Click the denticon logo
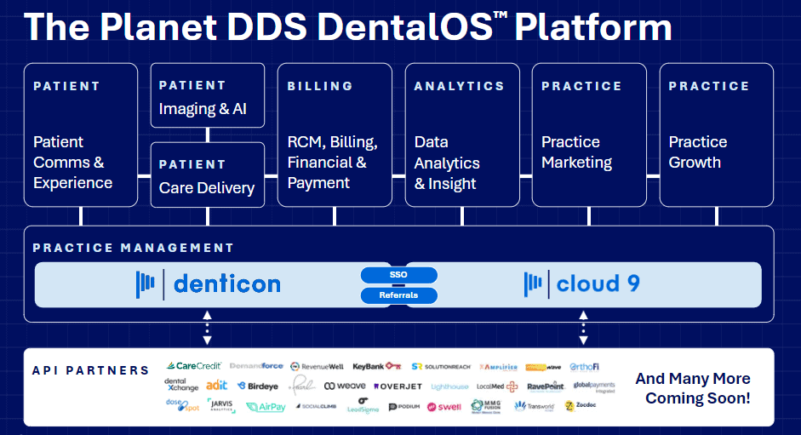coord(209,283)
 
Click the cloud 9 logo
coord(582,283)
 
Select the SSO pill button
coord(398,275)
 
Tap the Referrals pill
coord(398,295)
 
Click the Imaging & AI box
coord(208,95)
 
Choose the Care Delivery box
coord(208,175)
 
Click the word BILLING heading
coord(320,86)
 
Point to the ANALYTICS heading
coord(459,86)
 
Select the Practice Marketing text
coord(576,152)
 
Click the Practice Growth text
coord(698,152)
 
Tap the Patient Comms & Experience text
coord(72,162)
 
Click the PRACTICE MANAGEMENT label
coord(133,248)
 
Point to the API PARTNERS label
coord(90,370)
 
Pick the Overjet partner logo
coord(397,386)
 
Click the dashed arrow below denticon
coord(208,328)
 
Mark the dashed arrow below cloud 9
coord(583,328)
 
